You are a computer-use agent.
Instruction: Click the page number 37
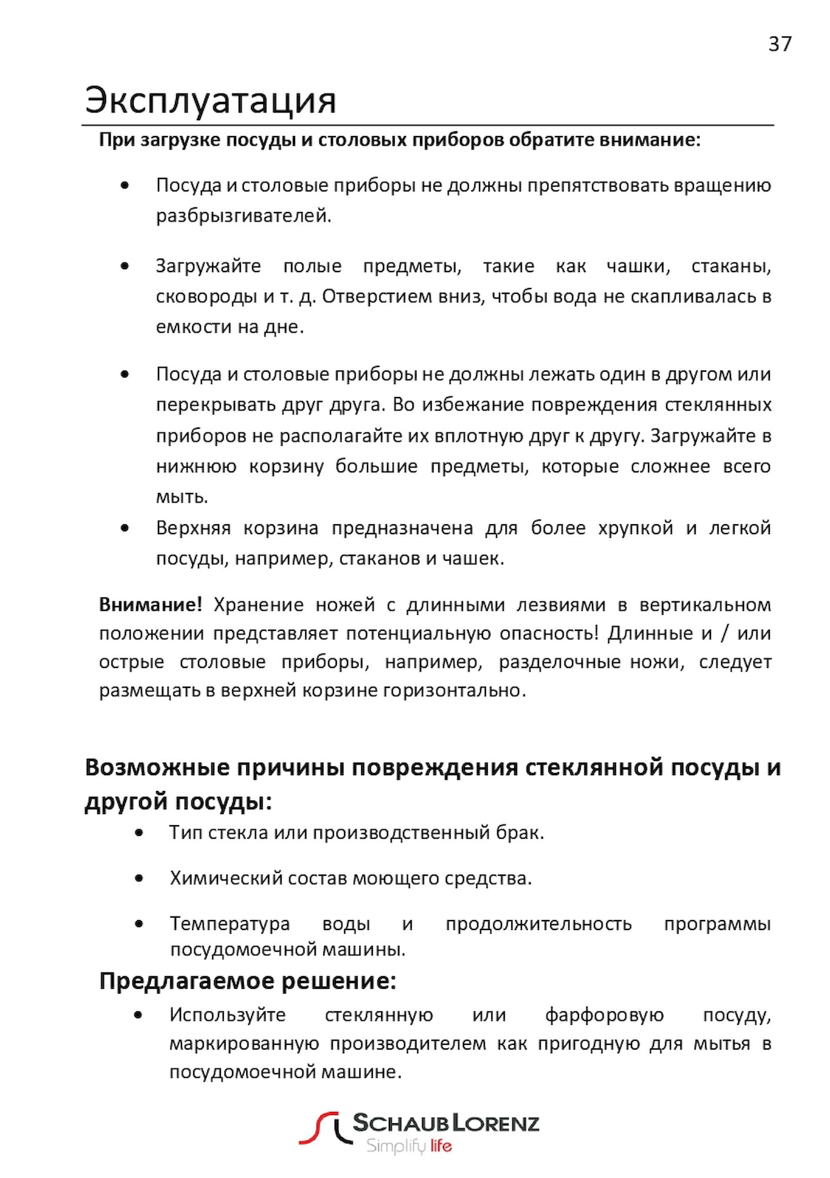tap(780, 44)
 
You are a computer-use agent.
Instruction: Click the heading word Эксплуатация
tap(210, 100)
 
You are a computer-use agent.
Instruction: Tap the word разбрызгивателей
tap(243, 216)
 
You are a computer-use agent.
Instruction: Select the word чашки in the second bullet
tap(638, 266)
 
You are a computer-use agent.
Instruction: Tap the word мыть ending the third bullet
tap(182, 497)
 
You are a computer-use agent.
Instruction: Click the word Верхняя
tap(193, 528)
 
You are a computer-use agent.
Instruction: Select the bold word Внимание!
tap(150, 605)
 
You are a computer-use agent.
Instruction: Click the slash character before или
tap(725, 634)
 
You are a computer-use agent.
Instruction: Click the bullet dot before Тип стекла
tap(138, 833)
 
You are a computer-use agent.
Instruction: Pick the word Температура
tap(230, 924)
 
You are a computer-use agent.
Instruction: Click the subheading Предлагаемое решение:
tap(247, 981)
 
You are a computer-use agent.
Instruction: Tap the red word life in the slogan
tap(441, 1146)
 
